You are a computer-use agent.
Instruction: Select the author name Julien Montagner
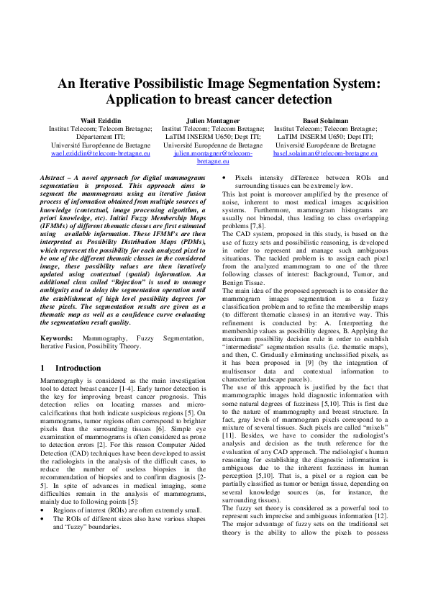pos(213,119)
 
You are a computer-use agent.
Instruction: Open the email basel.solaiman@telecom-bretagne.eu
pos(325,154)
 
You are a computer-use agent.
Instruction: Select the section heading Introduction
pos(78,368)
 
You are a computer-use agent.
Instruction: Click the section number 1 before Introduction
pos(43,368)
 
